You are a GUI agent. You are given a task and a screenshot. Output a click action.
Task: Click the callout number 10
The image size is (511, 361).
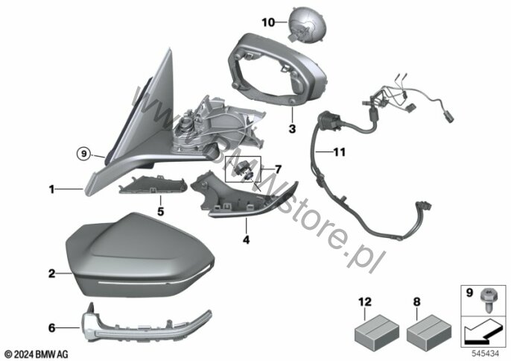coord(268,22)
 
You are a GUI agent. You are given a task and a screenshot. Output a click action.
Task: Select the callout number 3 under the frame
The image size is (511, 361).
coord(292,128)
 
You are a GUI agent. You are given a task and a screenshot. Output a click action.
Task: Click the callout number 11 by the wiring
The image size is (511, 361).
coord(339,151)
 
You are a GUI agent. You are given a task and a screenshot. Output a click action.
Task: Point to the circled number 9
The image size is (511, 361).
coord(83,153)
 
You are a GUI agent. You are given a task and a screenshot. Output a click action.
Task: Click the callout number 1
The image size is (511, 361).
coord(51,189)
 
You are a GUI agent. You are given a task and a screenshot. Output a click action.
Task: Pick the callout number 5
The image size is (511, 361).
coord(160,212)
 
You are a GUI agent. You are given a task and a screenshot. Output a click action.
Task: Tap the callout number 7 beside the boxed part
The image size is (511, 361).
coord(278,169)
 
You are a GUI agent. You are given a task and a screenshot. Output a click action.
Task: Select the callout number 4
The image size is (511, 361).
coord(246,240)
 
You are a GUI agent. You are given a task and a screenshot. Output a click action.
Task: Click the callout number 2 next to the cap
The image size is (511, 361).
coord(52,274)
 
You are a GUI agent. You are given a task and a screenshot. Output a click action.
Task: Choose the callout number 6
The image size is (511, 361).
coord(51,327)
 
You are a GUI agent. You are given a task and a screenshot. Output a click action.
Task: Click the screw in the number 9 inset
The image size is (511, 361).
coord(487,300)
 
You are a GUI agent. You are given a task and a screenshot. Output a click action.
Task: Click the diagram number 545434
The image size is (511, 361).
coord(486,354)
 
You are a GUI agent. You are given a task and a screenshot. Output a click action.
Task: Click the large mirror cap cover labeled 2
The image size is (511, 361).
coord(140,255)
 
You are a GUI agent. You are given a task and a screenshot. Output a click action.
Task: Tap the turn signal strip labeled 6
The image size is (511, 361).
coord(146,323)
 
